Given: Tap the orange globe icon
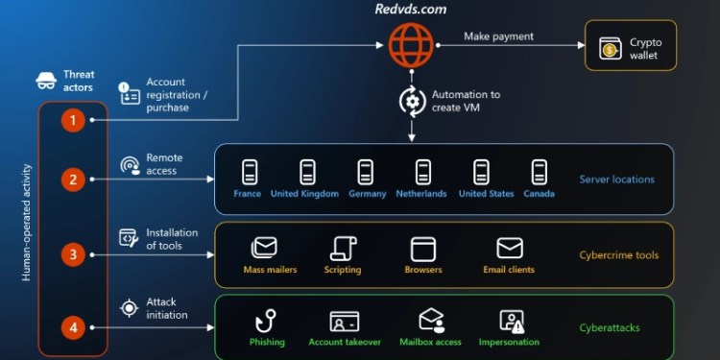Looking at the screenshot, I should pyautogui.click(x=412, y=43).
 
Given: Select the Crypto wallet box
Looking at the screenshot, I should pyautogui.click(x=631, y=48).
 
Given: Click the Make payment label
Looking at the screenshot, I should pyautogui.click(x=498, y=36).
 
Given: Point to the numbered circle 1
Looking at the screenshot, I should pyautogui.click(x=74, y=120).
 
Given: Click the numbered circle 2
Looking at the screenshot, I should pyautogui.click(x=74, y=179).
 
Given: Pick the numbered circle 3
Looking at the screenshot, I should pyautogui.click(x=74, y=254).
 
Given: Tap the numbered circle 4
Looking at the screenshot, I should pyautogui.click(x=74, y=327).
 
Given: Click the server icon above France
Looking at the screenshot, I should pyautogui.click(x=248, y=172).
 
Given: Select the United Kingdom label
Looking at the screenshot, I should pyautogui.click(x=304, y=194).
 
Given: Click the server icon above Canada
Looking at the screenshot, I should pyautogui.click(x=540, y=172).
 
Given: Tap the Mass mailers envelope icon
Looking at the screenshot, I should pyautogui.click(x=264, y=248).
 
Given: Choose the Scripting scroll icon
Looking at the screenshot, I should pyautogui.click(x=343, y=248).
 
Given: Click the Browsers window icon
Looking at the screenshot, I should pyautogui.click(x=423, y=248).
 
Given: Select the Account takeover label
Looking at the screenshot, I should pyautogui.click(x=345, y=343).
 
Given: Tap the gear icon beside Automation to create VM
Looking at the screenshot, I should pyautogui.click(x=412, y=101).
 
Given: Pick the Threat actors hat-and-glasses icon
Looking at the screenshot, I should pyautogui.click(x=44, y=81).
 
